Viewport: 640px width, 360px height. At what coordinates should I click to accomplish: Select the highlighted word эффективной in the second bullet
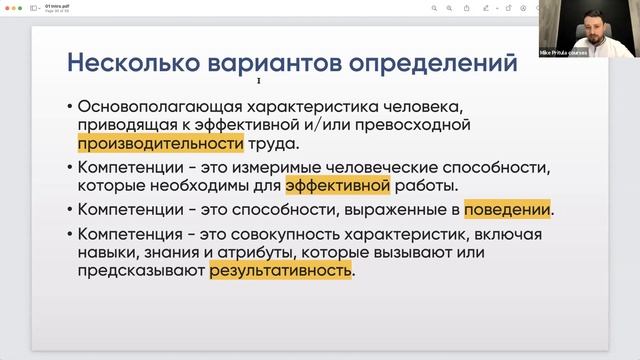pyautogui.click(x=336, y=186)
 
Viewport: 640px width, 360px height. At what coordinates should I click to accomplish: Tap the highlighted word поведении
pyautogui.click(x=506, y=210)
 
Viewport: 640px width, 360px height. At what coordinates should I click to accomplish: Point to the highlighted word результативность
pyautogui.click(x=280, y=270)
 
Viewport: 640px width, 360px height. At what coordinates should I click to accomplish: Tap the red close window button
pyautogui.click(x=6, y=7)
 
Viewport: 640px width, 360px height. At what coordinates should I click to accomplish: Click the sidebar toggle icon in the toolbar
pyautogui.click(x=34, y=8)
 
